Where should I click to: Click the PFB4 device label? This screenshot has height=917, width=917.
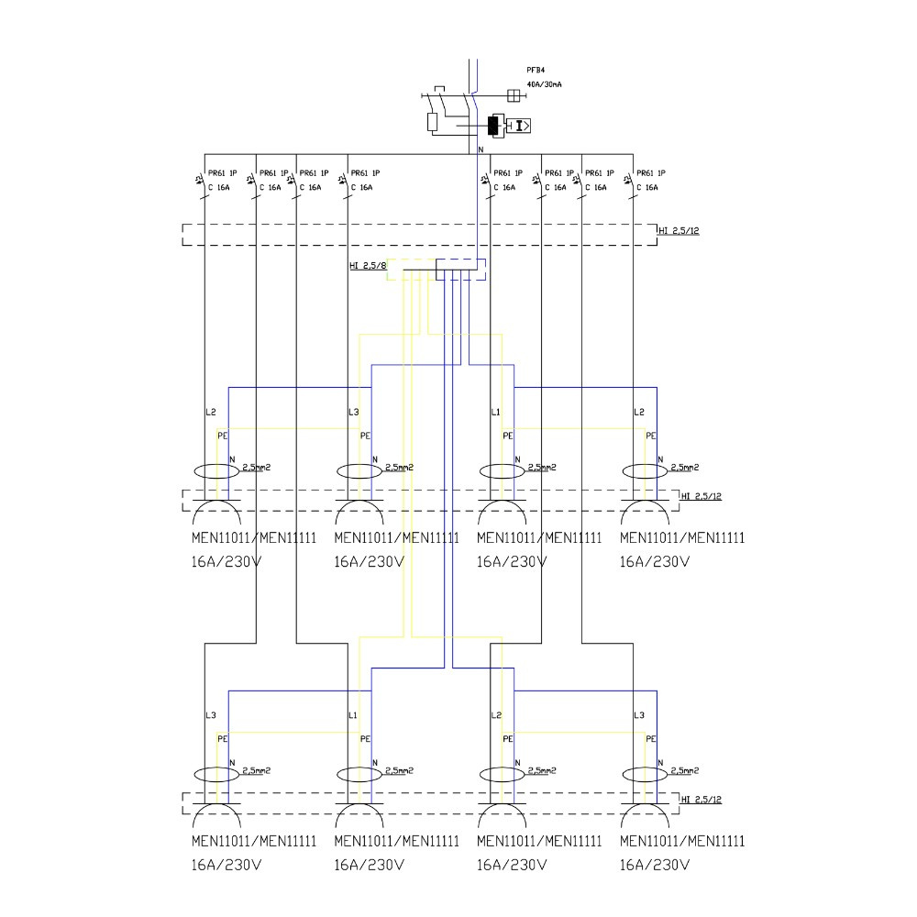pos(536,70)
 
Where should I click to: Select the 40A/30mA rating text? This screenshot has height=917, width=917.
pos(544,84)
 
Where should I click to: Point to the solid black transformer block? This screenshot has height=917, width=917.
pos(494,126)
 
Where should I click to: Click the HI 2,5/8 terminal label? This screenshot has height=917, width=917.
pos(366,266)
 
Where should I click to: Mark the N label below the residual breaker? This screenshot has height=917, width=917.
pos(481,149)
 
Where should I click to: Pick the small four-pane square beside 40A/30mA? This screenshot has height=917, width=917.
pos(514,94)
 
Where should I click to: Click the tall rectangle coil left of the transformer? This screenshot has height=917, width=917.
pos(433,122)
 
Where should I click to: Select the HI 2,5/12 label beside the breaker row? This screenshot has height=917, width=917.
pos(679,230)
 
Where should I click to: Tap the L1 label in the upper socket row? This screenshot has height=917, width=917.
pos(496,413)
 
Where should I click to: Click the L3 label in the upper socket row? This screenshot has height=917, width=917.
pos(354,413)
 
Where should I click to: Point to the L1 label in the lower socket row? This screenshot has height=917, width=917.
pos(353,715)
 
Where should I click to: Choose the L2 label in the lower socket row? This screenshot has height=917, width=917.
pos(496,715)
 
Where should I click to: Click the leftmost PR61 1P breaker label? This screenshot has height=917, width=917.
pos(222,172)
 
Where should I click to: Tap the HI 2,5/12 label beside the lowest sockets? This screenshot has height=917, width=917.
pos(702,801)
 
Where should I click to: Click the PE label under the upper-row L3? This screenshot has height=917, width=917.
pos(365,436)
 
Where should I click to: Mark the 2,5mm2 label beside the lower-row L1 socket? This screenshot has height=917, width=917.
pos(400,770)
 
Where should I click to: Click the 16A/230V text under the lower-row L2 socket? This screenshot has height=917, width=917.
pos(511,864)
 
